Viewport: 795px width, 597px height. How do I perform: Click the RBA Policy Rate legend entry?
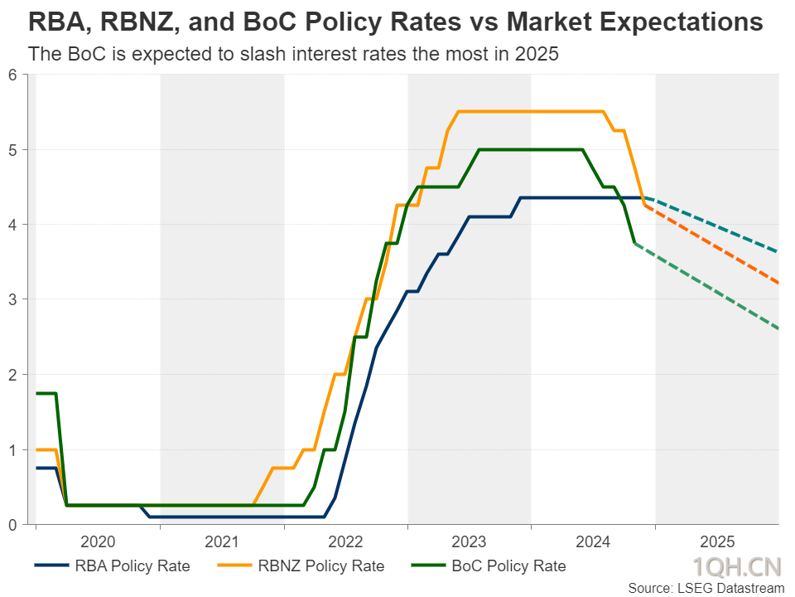pyautogui.click(x=112, y=565)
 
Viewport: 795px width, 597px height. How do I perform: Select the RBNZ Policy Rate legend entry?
pyautogui.click(x=301, y=565)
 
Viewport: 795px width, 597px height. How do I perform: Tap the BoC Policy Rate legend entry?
pyautogui.click(x=489, y=565)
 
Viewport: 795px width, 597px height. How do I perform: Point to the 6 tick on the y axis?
pyautogui.click(x=12, y=75)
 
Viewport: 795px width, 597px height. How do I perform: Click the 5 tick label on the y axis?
pyautogui.click(x=12, y=150)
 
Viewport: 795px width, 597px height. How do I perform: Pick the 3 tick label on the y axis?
pyautogui.click(x=12, y=299)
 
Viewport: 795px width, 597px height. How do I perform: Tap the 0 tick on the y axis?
pyautogui.click(x=12, y=524)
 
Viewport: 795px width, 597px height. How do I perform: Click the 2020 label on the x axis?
pyautogui.click(x=98, y=541)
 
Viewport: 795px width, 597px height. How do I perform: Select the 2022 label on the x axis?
pyautogui.click(x=345, y=541)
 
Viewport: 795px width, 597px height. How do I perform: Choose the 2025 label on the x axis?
pyautogui.click(x=717, y=541)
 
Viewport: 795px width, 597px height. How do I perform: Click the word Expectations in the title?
pyautogui.click(x=635, y=22)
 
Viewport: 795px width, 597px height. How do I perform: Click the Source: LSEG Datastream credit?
pyautogui.click(x=706, y=588)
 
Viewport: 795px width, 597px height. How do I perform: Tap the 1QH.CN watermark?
pyautogui.click(x=737, y=566)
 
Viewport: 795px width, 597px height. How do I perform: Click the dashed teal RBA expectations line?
pyautogui.click(x=712, y=223)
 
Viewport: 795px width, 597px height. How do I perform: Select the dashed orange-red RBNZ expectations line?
pyautogui.click(x=712, y=244)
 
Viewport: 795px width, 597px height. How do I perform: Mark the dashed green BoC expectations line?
pyautogui.click(x=706, y=286)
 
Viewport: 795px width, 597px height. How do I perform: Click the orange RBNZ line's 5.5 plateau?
pyautogui.click(x=531, y=112)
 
